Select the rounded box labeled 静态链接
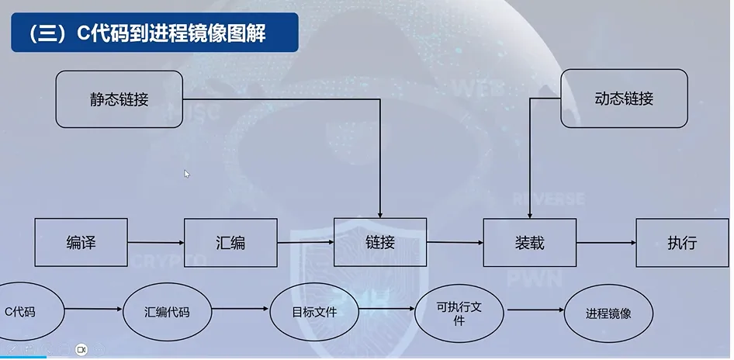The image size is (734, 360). pyautogui.click(x=119, y=99)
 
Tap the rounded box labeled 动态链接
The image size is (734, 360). pyautogui.click(x=624, y=99)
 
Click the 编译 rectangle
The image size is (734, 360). pyautogui.click(x=81, y=242)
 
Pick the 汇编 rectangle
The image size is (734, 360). pyautogui.click(x=230, y=242)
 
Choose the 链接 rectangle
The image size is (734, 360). pyautogui.click(x=380, y=242)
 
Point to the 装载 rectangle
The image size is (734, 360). pyautogui.click(x=529, y=242)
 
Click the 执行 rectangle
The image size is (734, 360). pyautogui.click(x=682, y=242)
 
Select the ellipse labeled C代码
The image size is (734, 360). pyautogui.click(x=22, y=313)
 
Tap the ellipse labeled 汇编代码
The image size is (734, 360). pyautogui.click(x=167, y=313)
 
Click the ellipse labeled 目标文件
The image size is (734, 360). pyautogui.click(x=314, y=313)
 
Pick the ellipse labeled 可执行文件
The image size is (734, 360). pyautogui.click(x=459, y=313)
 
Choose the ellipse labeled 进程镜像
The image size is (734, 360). pyautogui.click(x=608, y=313)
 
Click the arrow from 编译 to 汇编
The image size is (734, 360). pyautogui.click(x=155, y=242)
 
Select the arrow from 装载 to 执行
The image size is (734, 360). pyautogui.click(x=606, y=243)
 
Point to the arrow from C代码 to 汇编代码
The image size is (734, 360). pyautogui.click(x=93, y=312)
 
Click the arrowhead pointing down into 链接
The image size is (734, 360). pyautogui.click(x=380, y=212)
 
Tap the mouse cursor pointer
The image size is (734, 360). pyautogui.click(x=187, y=174)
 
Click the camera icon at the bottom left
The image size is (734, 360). pyautogui.click(x=81, y=350)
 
